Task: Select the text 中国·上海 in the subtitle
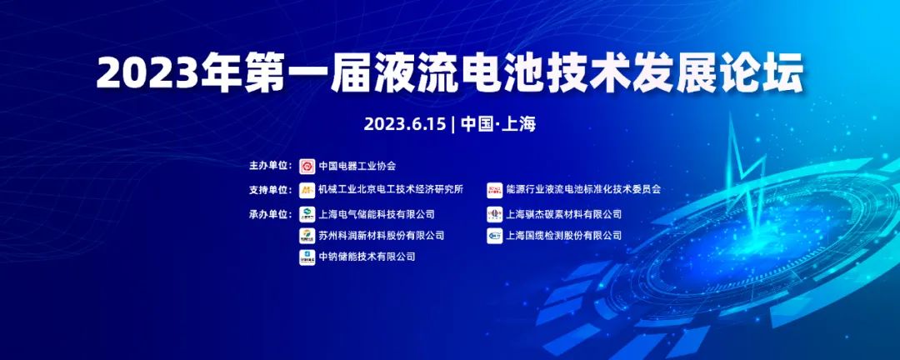497,124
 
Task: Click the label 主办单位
271,166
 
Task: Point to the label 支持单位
271,190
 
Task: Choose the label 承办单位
271,214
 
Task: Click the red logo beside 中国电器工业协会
307,166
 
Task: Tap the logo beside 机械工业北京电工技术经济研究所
307,190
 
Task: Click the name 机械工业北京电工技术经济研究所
391,190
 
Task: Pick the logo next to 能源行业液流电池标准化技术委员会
495,190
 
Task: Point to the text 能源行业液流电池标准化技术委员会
583,190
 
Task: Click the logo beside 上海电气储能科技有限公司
307,214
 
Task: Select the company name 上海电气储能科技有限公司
377,214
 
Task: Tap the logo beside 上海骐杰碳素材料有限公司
495,214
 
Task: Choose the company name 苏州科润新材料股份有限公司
381,236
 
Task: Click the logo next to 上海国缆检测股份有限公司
495,236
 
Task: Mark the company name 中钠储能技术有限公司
367,257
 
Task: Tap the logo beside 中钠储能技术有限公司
307,257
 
